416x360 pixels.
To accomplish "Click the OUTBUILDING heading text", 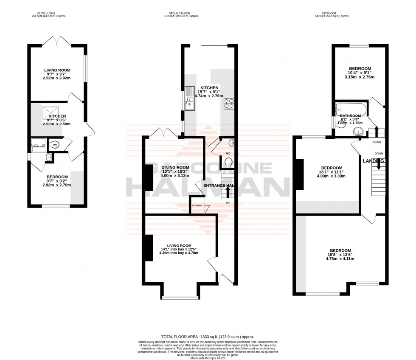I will tap(49, 14).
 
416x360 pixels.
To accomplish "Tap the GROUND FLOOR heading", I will tap(182, 14).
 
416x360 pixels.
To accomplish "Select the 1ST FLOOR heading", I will tap(332, 14).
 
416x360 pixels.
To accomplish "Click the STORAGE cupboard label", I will tap(197, 206).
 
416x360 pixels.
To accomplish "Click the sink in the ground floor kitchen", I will tap(189, 101).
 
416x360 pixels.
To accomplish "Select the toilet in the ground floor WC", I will tap(228, 161).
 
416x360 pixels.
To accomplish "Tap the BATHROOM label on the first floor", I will tap(350, 115).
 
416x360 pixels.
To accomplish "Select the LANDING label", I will tap(374, 161).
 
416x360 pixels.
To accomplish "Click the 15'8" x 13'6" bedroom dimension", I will tap(340, 254).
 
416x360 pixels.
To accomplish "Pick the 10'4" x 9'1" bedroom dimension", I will tap(360, 73).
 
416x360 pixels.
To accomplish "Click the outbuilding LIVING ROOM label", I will tap(57, 70).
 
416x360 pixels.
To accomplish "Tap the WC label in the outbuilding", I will tap(55, 145).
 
